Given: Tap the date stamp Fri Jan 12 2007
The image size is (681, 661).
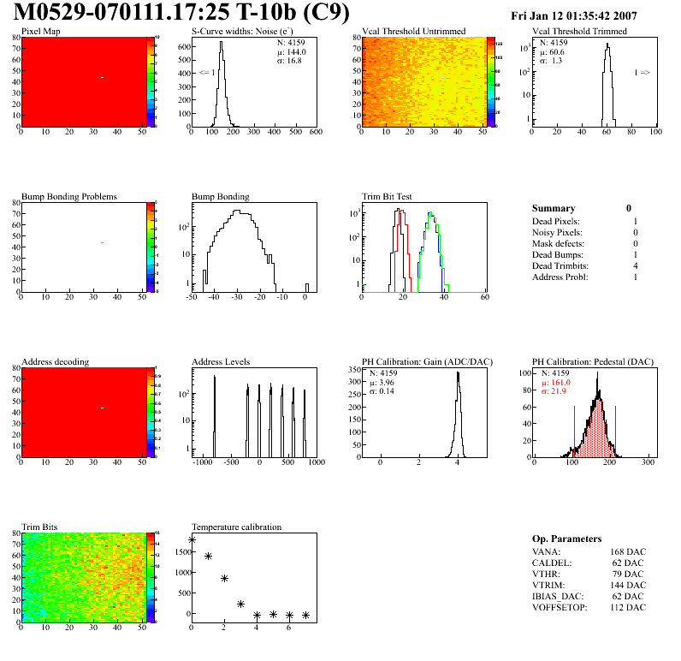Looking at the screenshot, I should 585,16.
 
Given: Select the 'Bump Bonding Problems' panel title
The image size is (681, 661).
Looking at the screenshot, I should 69,197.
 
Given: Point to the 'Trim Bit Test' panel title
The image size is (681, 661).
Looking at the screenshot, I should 388,197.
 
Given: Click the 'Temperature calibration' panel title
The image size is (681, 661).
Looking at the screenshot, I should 236,527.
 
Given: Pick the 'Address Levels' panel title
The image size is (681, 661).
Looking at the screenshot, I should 222,362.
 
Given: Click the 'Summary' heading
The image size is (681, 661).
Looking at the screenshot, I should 554,208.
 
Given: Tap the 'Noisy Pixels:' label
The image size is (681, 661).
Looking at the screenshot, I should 557,233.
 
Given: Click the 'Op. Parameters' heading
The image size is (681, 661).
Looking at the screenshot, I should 566,539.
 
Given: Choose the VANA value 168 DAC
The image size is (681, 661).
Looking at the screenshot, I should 628,551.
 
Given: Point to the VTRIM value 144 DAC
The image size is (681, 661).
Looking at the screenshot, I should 628,585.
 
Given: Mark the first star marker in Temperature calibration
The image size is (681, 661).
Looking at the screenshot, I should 192,540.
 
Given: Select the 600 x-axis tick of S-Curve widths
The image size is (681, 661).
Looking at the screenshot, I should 315,133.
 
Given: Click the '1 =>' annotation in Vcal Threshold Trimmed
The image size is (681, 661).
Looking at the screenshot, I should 642,73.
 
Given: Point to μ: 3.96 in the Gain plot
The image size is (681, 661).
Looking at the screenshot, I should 382,383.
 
